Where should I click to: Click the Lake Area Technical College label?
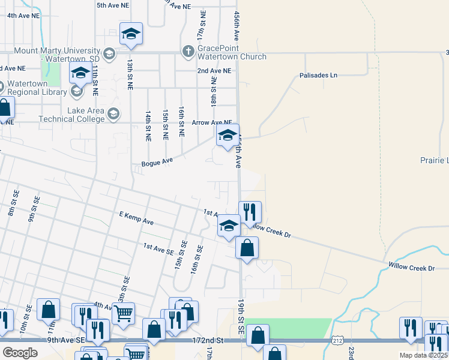[72, 114]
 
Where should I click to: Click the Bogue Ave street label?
[157, 162]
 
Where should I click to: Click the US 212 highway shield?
[337, 340]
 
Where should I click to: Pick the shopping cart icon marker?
[123, 313]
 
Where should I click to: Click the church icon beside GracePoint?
[188, 50]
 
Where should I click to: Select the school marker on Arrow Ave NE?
[228, 136]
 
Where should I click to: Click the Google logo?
[20, 353]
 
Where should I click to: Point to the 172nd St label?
[208, 340]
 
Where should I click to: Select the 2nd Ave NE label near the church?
[214, 71]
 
